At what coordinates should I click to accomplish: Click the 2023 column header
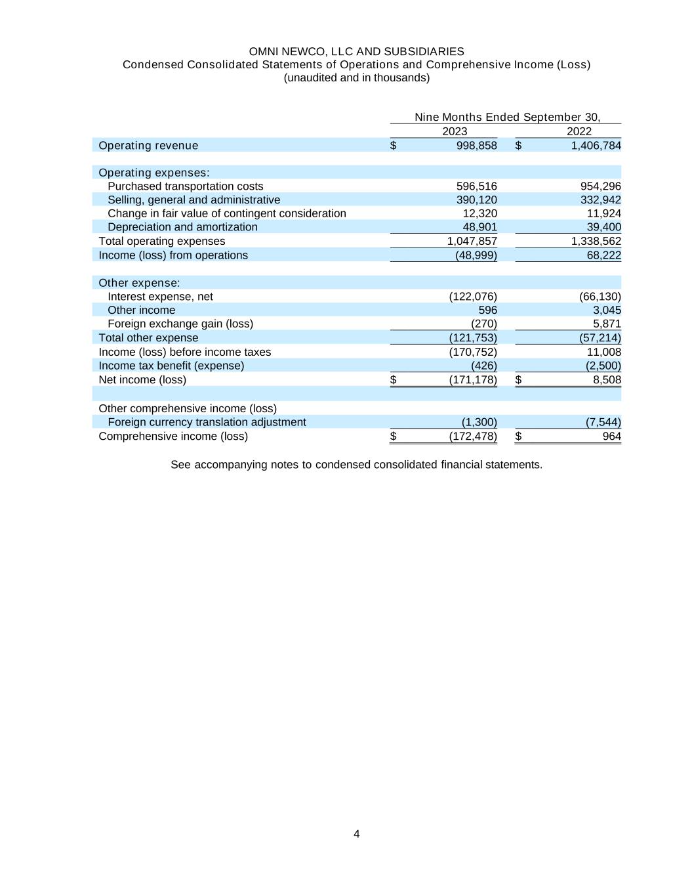[x=455, y=131]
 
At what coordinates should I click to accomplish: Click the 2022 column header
[x=579, y=131]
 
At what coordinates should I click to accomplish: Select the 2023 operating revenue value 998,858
[x=476, y=146]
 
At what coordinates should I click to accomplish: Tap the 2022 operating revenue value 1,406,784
[x=596, y=146]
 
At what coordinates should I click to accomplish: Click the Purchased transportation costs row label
[x=185, y=186]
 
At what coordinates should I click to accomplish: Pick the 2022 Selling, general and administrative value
[x=600, y=200]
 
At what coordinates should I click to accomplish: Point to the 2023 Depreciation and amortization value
[x=479, y=227]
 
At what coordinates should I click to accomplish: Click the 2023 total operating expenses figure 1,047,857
[x=472, y=242]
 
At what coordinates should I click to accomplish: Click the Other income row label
[x=141, y=310]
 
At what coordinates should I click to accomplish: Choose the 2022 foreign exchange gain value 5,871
[x=607, y=324]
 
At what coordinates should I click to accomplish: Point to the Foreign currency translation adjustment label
[x=207, y=423]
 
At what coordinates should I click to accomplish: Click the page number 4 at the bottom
[x=356, y=834]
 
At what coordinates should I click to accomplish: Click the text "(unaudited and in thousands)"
[x=356, y=78]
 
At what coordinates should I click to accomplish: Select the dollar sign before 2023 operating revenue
[x=394, y=146]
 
